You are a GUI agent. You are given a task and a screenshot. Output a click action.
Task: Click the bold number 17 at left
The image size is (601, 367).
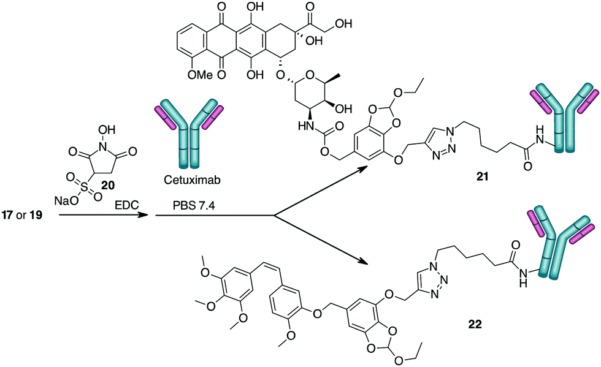pos(12,216)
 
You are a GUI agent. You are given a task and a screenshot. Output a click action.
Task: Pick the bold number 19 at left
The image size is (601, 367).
pos(45,216)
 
